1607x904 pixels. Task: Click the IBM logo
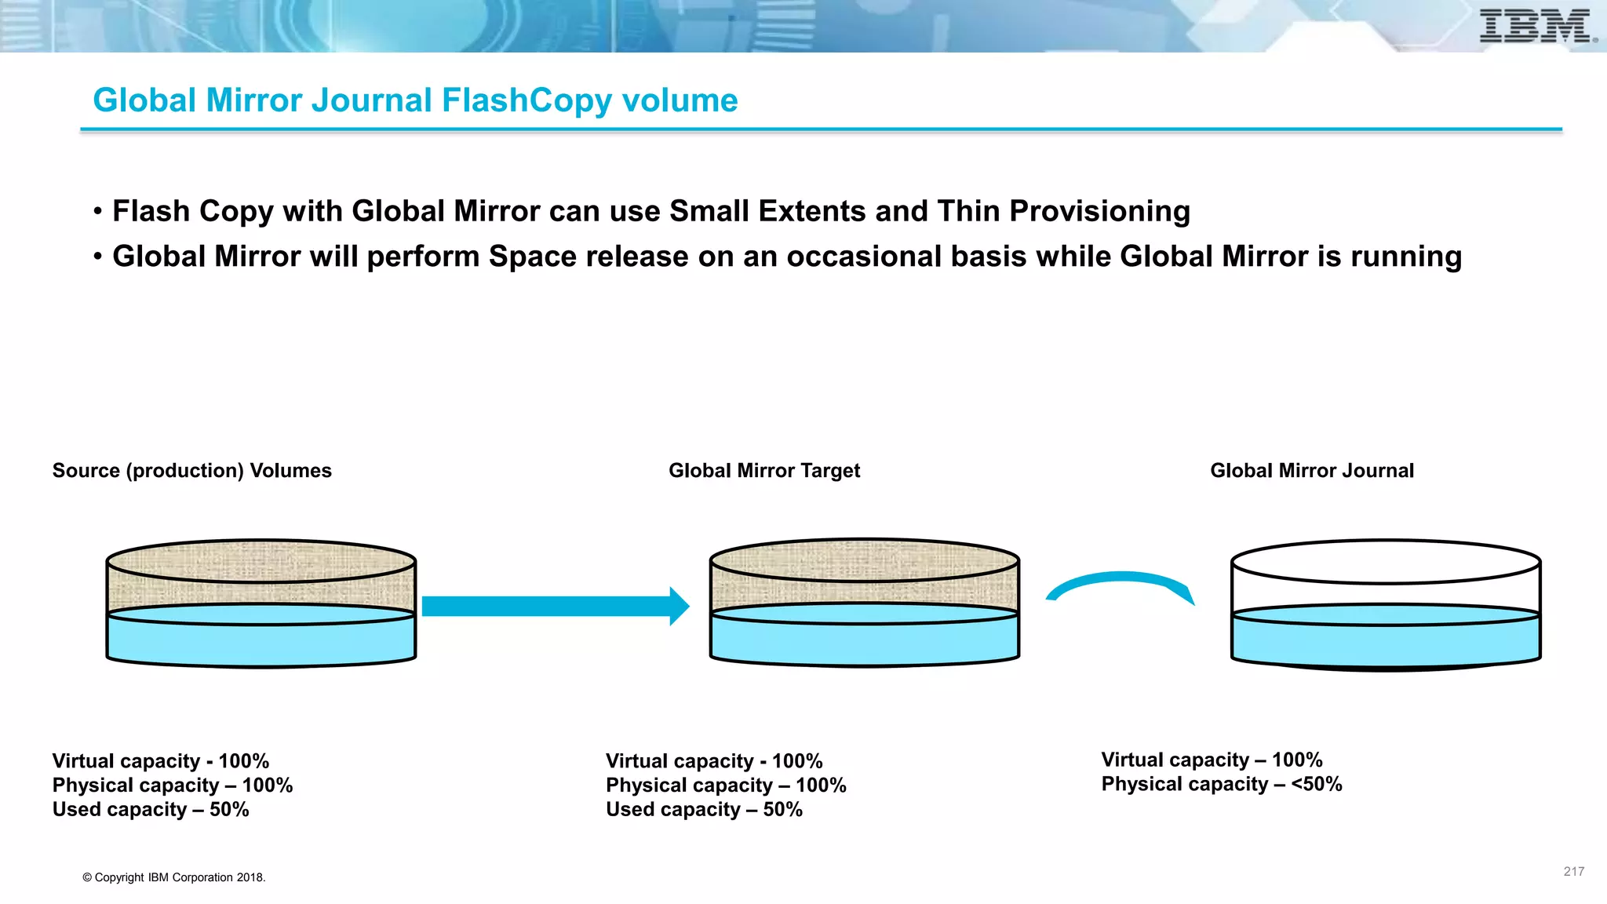coord(1536,26)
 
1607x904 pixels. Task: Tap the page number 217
coord(1573,871)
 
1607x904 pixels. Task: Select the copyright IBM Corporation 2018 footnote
coord(174,877)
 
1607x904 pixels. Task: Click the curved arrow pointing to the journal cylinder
coord(1121,583)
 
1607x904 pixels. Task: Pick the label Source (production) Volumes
coord(191,471)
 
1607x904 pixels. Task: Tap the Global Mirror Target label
coord(764,471)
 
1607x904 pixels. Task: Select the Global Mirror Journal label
coord(1312,471)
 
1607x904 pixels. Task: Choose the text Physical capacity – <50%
coord(1222,784)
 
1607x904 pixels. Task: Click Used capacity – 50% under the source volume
coord(151,810)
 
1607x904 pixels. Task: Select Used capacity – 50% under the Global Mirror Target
coord(704,810)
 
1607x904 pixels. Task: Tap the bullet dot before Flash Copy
coord(98,212)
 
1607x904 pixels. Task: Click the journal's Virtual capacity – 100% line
coord(1212,760)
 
